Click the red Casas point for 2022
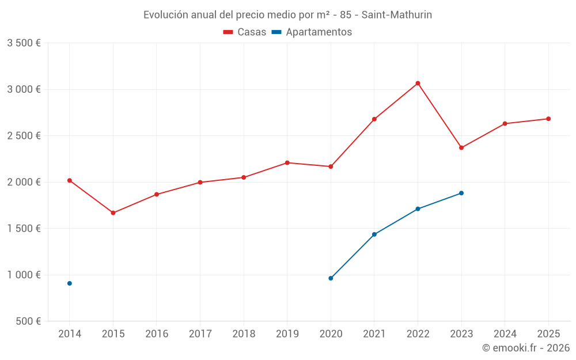(x=418, y=84)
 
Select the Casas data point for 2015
(x=113, y=213)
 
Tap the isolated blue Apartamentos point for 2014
(x=70, y=283)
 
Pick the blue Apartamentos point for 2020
(x=331, y=278)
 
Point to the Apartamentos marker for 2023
(x=461, y=193)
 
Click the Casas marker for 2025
(x=548, y=119)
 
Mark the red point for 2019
(x=287, y=162)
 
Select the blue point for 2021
(x=374, y=234)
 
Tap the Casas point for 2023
(x=461, y=148)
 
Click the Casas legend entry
(x=245, y=32)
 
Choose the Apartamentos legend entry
(x=312, y=32)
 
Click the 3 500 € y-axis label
(x=24, y=43)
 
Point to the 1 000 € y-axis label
(x=24, y=275)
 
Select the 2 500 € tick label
(x=24, y=136)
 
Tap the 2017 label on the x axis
(x=200, y=334)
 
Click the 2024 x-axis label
(x=505, y=334)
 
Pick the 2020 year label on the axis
(x=331, y=334)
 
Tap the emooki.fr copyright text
(x=525, y=348)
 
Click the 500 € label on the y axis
(x=28, y=321)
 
